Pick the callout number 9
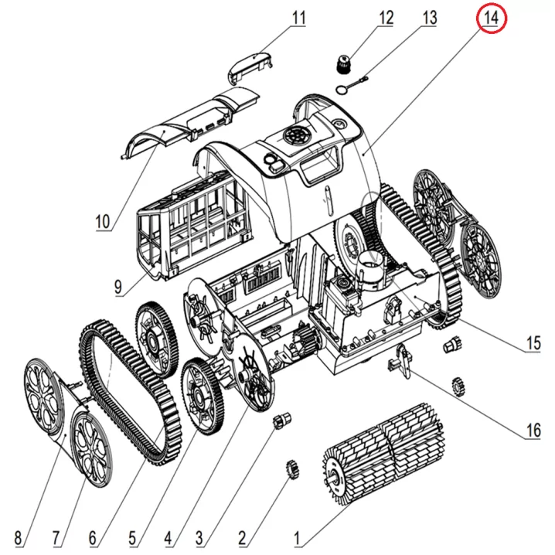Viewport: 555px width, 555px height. pos(118,287)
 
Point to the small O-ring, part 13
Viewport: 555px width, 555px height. pos(341,91)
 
